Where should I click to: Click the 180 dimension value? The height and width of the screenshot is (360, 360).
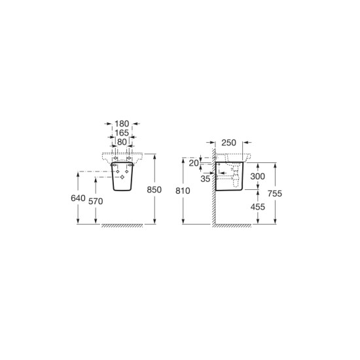(x=122, y=124)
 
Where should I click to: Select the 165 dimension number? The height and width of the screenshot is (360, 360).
(x=122, y=133)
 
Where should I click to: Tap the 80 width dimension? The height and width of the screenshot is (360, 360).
(x=122, y=142)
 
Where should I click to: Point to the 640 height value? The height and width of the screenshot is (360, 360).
(x=78, y=198)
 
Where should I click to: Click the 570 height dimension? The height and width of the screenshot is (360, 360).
(x=96, y=202)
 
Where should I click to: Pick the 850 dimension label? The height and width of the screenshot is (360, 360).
(x=154, y=190)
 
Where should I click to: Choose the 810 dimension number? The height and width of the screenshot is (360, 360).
(x=183, y=190)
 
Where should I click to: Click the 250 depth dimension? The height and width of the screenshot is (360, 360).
(x=228, y=143)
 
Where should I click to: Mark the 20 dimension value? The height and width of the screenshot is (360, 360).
(x=194, y=163)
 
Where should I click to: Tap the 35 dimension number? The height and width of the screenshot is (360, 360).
(x=206, y=179)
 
